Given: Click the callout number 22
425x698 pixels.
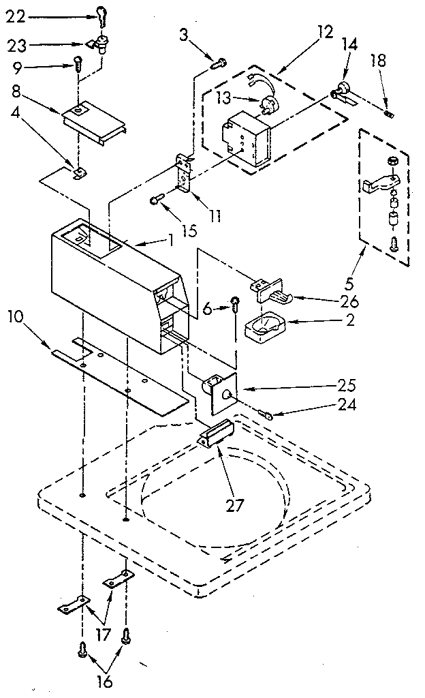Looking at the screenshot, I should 15,17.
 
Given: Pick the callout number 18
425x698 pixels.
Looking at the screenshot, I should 379,62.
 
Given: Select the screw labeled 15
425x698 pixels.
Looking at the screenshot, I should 155,200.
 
